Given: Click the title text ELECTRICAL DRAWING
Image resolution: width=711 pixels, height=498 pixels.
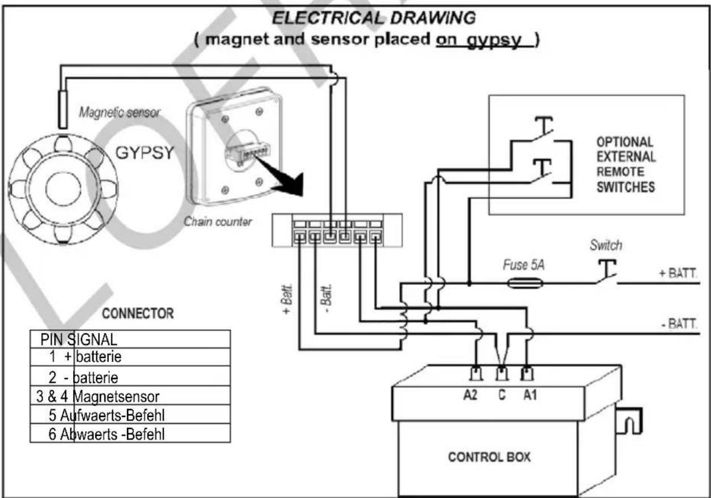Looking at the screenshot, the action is coord(374,18).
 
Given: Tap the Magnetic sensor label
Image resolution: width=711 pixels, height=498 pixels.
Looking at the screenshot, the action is coord(119,112).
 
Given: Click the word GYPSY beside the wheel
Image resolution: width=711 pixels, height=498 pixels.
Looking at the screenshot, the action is coord(145,152).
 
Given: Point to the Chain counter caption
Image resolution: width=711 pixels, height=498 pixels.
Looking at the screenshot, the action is coord(218,222).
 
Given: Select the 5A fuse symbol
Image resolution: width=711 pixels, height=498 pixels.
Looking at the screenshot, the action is coord(526,283).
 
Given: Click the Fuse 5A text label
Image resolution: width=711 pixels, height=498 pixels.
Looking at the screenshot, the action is coord(524,265).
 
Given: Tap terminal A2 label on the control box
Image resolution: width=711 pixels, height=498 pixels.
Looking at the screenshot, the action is coord(471,395).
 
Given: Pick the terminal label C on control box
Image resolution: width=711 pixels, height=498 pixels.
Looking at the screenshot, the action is coord(502,395).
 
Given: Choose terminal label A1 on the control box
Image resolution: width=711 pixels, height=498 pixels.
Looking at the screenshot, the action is coord(530,395).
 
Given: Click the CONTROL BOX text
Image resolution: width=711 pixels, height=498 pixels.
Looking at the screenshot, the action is coord(489,457).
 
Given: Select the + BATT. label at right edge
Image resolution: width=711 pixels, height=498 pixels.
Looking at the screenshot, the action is coord(678,273).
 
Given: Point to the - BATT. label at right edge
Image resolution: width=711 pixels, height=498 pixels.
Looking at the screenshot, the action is coord(679,324).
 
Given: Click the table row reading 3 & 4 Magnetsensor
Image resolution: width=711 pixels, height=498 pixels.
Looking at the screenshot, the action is coord(130,395).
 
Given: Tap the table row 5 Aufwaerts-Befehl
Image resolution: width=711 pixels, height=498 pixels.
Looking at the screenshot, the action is coord(130,414).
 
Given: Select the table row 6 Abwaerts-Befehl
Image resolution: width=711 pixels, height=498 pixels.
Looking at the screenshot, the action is coord(130,433).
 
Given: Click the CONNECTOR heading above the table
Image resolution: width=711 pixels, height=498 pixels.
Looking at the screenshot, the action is coord(138,313).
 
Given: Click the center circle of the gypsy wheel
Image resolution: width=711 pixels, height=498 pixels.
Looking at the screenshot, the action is coord(63,189).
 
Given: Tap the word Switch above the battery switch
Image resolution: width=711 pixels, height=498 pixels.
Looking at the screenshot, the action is coord(606,245).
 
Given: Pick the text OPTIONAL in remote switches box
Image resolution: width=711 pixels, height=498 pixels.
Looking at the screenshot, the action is coord(625,142).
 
